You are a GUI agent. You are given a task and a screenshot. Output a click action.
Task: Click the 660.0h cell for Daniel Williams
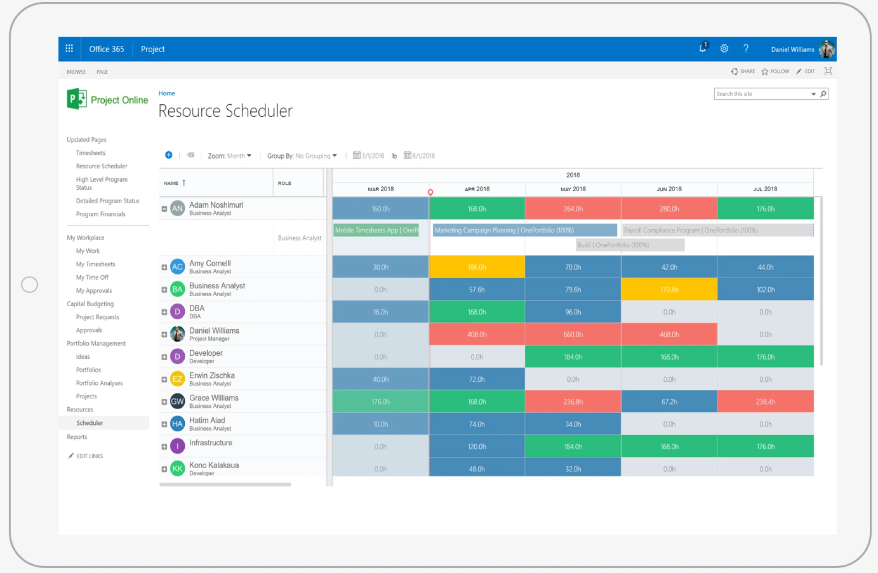click(x=573, y=335)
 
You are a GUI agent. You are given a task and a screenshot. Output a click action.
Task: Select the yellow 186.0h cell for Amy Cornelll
click(x=476, y=267)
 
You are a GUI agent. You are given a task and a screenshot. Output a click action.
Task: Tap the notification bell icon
click(x=702, y=49)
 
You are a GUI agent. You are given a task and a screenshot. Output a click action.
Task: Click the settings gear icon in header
click(x=724, y=49)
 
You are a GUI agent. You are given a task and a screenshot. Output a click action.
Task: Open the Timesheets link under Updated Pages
click(x=91, y=153)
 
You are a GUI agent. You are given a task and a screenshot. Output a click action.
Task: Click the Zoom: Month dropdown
click(x=230, y=156)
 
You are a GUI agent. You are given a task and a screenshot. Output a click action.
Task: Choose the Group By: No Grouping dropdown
click(x=302, y=156)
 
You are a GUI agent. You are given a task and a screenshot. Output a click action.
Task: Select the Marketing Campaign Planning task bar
click(x=524, y=230)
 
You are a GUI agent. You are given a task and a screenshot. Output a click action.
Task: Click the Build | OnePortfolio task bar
click(x=630, y=245)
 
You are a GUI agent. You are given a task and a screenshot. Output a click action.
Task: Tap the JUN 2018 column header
click(x=669, y=189)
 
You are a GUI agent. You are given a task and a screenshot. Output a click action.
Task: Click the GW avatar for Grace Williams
click(x=177, y=401)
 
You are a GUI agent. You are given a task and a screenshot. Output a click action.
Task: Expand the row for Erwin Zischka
click(x=164, y=379)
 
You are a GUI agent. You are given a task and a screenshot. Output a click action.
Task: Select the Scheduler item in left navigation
click(x=90, y=423)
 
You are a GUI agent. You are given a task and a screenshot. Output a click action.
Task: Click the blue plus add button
click(x=169, y=155)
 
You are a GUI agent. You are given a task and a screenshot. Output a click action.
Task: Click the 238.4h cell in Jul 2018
click(x=765, y=402)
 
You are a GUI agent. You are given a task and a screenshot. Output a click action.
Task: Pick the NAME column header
click(x=171, y=183)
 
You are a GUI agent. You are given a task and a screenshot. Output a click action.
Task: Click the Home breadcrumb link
click(x=166, y=93)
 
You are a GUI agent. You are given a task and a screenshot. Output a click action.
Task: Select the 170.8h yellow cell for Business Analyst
click(x=669, y=290)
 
